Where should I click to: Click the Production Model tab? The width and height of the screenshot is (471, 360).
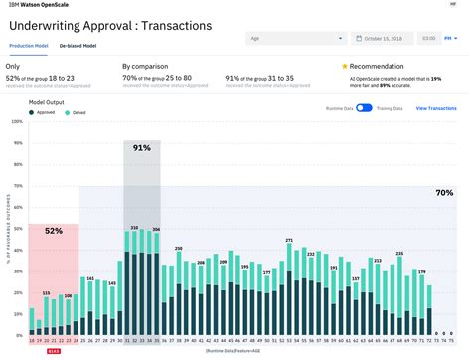tap(29, 46)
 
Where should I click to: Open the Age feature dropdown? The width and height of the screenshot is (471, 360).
tap(295, 39)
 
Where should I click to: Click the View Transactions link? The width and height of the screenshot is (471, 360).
tap(436, 107)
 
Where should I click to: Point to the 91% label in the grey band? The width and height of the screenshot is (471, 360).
tap(142, 147)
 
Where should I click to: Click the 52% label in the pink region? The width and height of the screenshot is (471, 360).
tap(53, 230)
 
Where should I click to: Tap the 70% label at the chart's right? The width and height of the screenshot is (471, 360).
tap(444, 193)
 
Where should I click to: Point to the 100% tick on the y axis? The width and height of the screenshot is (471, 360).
tap(15, 123)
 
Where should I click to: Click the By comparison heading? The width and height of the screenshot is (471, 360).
tap(143, 66)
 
